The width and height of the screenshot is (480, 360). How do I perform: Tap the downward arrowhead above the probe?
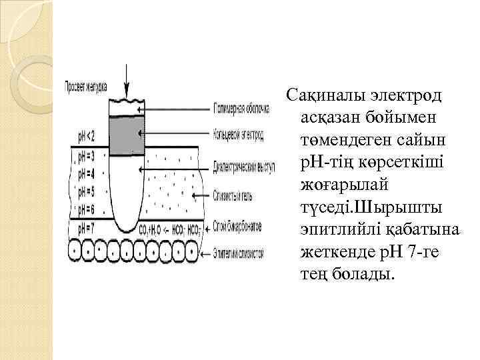click(x=126, y=94)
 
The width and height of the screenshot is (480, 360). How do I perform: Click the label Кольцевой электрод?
click(x=239, y=136)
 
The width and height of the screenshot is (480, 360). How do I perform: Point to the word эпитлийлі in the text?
click(x=342, y=229)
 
